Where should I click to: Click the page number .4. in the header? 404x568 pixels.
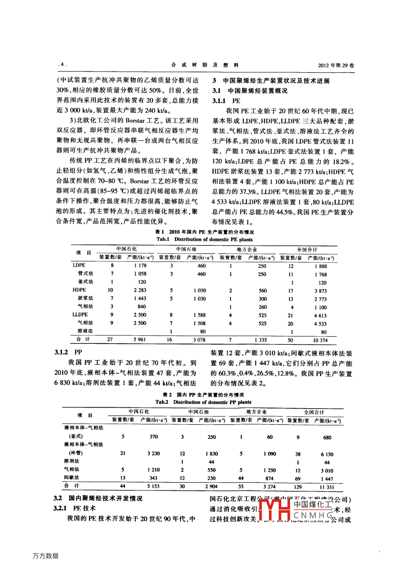coord(62,64)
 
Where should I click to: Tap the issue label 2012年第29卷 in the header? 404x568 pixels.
coord(336,65)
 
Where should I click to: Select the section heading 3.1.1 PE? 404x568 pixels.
coord(226,101)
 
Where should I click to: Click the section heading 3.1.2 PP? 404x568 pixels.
coord(68,352)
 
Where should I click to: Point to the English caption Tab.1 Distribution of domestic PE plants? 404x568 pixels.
coord(205,239)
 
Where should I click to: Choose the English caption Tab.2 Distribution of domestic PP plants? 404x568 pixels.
coord(203,402)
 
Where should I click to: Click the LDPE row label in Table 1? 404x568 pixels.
coord(79,265)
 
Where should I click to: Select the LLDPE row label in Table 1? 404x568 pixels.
coord(80,314)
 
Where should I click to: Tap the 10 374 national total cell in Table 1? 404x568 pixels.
coord(320,340)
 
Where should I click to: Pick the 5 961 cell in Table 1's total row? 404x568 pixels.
coord(139,339)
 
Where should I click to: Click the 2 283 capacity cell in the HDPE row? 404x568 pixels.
coord(140,290)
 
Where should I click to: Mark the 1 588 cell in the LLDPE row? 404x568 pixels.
coord(199,315)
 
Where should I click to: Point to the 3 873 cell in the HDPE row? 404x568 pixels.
coord(320,291)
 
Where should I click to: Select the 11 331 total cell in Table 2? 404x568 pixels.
coord(327,487)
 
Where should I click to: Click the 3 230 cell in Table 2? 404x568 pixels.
coord(153,453)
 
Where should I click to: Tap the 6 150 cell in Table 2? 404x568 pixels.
coord(327,454)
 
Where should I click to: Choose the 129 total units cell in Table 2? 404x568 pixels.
coord(298,487)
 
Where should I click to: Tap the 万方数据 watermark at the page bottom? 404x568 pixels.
coord(46,556)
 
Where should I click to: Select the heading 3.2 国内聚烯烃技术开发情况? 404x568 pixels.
coord(98,498)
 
